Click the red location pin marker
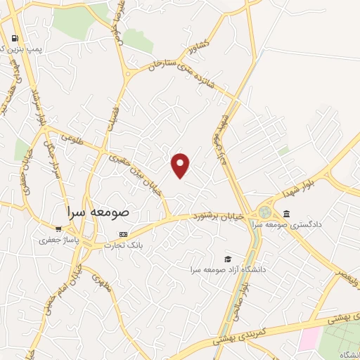coord(181,165)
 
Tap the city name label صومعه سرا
coord(99,211)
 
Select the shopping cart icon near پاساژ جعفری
coord(58,229)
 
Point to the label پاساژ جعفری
coord(60,240)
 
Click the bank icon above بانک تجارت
coord(124,234)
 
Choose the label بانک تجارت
coord(124,245)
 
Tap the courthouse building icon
coord(285,214)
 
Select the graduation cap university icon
coord(227,259)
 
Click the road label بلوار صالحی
coord(239,295)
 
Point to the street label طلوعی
coord(70,139)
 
